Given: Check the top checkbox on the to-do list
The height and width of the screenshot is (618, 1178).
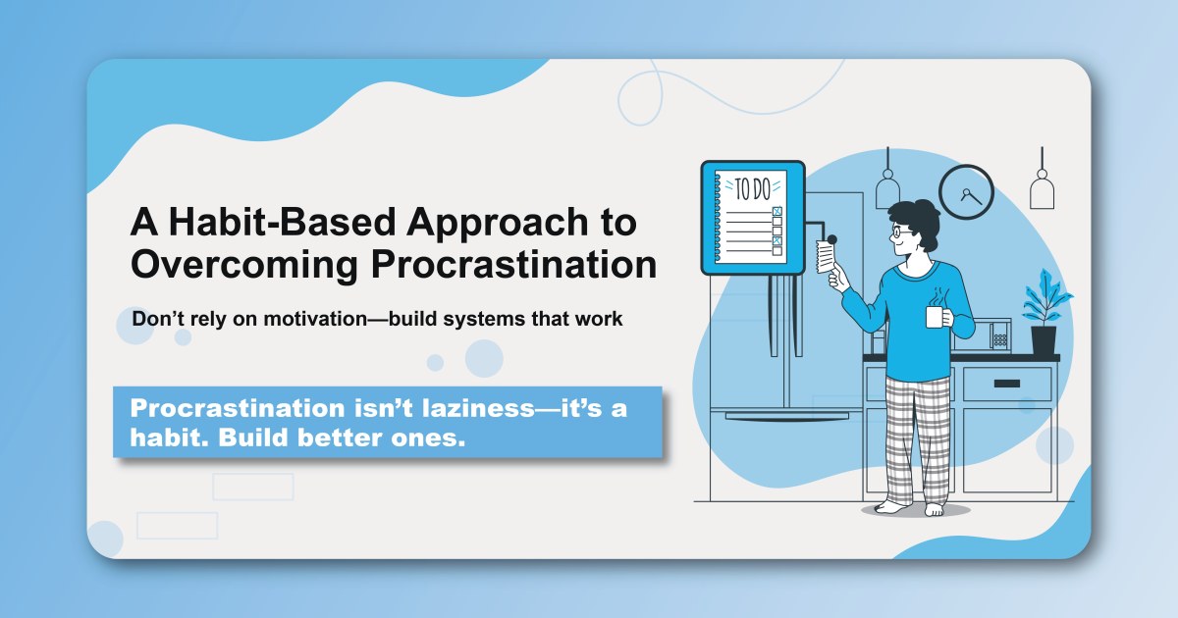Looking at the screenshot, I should (777, 212).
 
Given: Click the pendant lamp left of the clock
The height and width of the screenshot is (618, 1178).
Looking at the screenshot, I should (887, 188).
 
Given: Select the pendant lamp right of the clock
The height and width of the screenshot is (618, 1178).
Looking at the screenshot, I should (1042, 188).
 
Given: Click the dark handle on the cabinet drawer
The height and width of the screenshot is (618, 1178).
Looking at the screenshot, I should (1006, 384).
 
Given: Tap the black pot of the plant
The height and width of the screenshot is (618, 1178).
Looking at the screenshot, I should (1044, 339).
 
